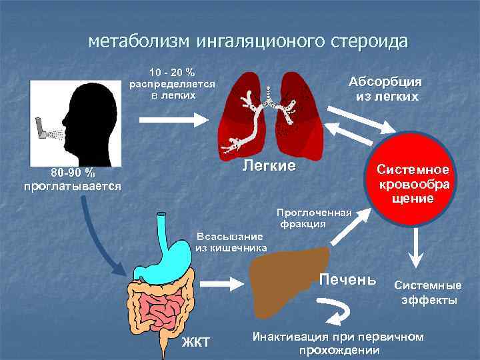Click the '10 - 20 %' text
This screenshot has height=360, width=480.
pos(171,72)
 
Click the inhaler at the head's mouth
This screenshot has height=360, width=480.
pos(42,128)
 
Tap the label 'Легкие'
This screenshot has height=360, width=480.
pos(268,165)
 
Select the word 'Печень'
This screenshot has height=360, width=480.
pos(347,278)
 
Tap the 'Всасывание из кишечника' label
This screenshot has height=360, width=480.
pos(231,242)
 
